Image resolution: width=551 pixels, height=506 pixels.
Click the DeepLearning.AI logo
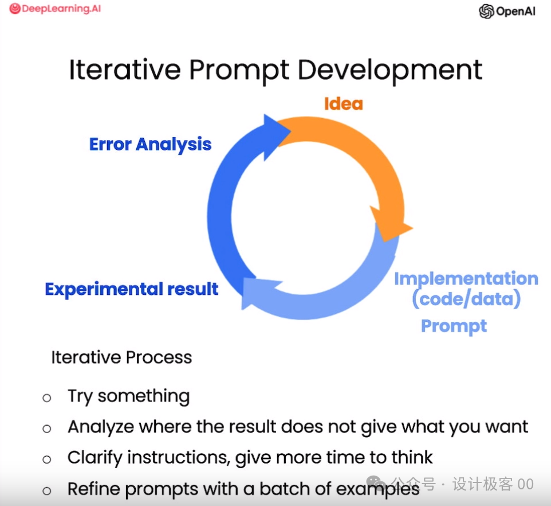pyautogui.click(x=55, y=9)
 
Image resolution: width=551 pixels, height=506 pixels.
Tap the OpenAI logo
pyautogui.click(x=507, y=11)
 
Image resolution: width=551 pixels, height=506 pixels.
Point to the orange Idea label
pyautogui.click(x=343, y=104)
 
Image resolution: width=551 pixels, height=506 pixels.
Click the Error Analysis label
pyautogui.click(x=151, y=145)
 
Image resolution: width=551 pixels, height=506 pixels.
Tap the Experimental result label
pyautogui.click(x=131, y=289)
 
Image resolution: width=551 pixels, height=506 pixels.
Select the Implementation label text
pyautogui.click(x=466, y=279)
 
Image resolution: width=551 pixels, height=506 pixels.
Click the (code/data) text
pyautogui.click(x=466, y=299)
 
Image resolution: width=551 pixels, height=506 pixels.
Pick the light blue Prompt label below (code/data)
pyautogui.click(x=454, y=326)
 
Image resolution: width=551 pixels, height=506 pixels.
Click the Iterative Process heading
pyautogui.click(x=121, y=357)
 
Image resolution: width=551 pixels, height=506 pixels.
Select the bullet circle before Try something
pyautogui.click(x=47, y=398)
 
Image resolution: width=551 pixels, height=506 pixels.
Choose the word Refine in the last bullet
pyautogui.click(x=94, y=489)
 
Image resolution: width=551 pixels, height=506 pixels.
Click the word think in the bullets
pyautogui.click(x=412, y=457)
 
